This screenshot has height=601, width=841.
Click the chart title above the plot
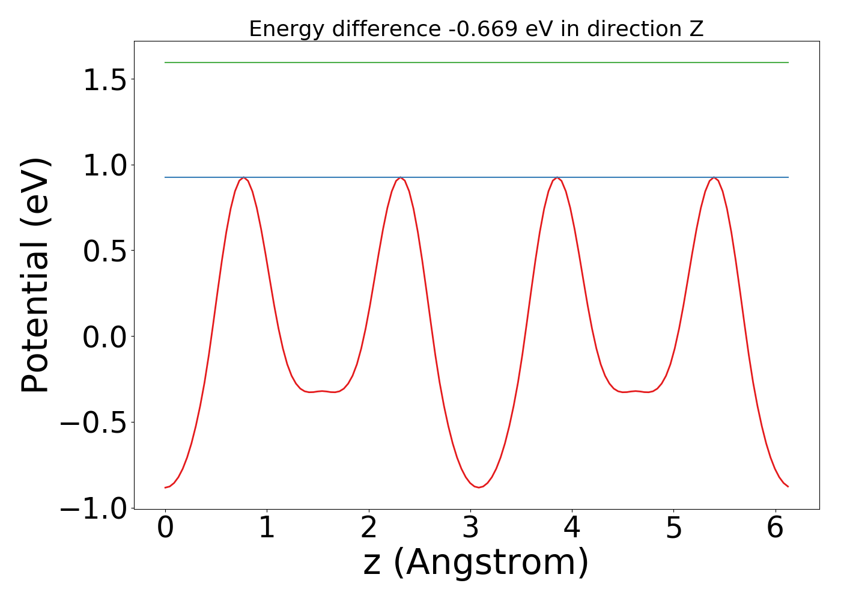tap(476, 29)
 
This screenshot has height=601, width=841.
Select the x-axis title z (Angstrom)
tap(476, 563)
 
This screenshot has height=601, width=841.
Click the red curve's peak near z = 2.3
tap(400, 178)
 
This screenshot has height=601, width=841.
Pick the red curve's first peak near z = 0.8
tap(243, 178)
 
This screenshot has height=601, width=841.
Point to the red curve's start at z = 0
tap(166, 487)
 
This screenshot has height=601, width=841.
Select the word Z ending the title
tap(696, 29)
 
